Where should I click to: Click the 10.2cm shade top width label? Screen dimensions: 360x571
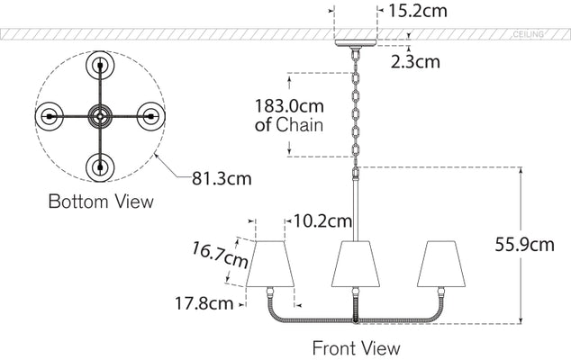pos(322,220)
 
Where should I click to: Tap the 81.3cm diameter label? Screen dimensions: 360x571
pos(221,177)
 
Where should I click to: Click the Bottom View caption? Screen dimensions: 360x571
pos(100,202)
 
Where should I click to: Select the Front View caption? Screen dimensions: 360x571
pos(356,346)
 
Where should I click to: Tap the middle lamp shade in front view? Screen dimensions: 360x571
pos(356,262)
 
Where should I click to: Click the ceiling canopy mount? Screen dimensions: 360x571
pos(356,41)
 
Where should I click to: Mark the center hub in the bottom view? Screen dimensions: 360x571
pos(98,116)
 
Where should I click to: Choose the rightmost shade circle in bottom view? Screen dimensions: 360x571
pos(149,116)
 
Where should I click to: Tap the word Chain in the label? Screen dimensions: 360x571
pos(300,125)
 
